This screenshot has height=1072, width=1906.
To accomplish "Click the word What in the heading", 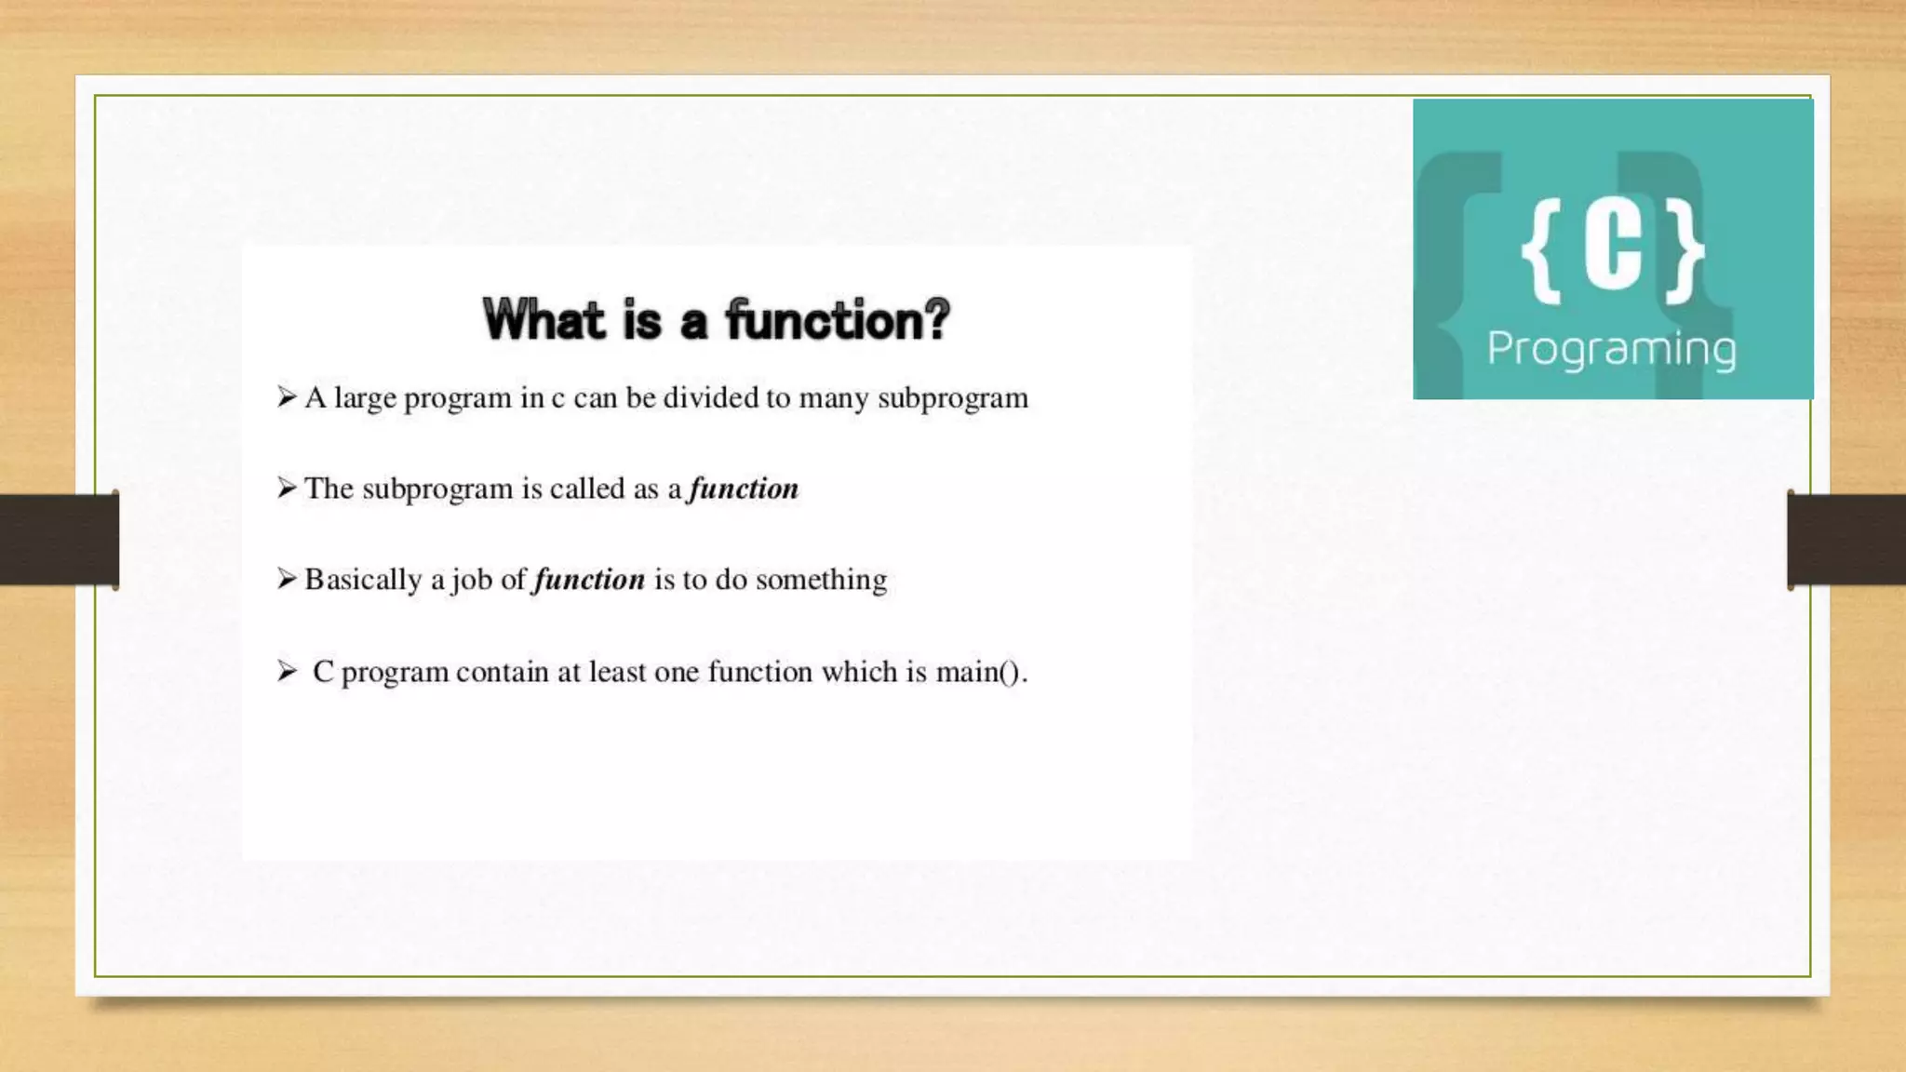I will tap(544, 320).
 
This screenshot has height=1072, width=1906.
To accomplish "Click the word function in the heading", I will tap(817, 320).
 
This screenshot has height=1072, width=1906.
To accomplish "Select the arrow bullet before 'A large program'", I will tap(287, 397).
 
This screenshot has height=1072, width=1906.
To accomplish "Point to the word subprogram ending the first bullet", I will tap(953, 398).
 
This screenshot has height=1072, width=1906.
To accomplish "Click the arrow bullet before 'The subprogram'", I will tap(287, 488).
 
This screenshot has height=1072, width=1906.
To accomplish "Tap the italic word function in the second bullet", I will tap(744, 489).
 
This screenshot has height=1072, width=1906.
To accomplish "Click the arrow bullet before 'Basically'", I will tap(287, 579).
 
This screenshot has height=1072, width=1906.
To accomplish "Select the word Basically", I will tap(363, 580).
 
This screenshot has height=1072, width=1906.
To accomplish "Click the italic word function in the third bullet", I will tap(589, 580).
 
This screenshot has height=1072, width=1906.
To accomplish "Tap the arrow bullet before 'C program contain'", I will tap(287, 671).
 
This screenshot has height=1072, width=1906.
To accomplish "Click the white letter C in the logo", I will tap(1613, 248).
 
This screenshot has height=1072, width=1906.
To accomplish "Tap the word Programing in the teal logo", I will tap(1611, 350).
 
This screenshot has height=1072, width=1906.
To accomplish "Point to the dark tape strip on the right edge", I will tap(1846, 540).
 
